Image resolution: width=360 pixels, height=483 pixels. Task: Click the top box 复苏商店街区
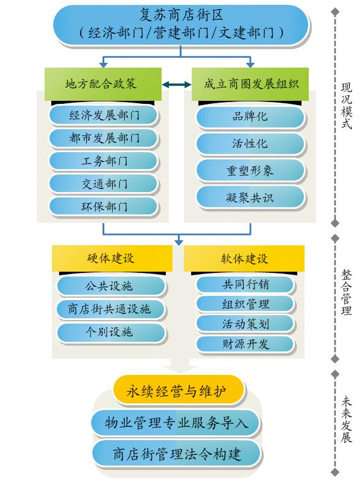coord(181,25)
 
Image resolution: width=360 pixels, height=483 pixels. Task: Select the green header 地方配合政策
coord(103,84)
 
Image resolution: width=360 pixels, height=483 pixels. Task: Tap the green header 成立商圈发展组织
coord(250,84)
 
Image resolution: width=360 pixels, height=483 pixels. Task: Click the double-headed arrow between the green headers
coord(177,84)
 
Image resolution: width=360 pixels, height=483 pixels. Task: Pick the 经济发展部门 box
coord(103,115)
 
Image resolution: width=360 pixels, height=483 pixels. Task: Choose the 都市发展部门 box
coord(103,138)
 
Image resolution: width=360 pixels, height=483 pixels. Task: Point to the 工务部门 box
coord(103,161)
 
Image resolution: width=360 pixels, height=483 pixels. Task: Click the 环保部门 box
coord(103,206)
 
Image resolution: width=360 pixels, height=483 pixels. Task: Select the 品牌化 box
coord(250,117)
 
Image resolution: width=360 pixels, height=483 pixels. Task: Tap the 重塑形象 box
coord(250,170)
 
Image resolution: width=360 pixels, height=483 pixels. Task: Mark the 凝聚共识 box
coord(250,197)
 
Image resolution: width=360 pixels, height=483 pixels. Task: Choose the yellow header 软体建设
coord(244,258)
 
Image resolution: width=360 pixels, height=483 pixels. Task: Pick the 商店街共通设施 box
coord(111,309)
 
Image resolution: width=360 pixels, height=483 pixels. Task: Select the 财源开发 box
coord(245,344)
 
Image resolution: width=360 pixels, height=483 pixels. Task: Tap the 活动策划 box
coord(245,324)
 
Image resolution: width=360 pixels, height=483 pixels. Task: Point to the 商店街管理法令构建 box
coord(176,454)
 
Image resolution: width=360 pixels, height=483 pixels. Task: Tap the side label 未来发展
coord(347,420)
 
